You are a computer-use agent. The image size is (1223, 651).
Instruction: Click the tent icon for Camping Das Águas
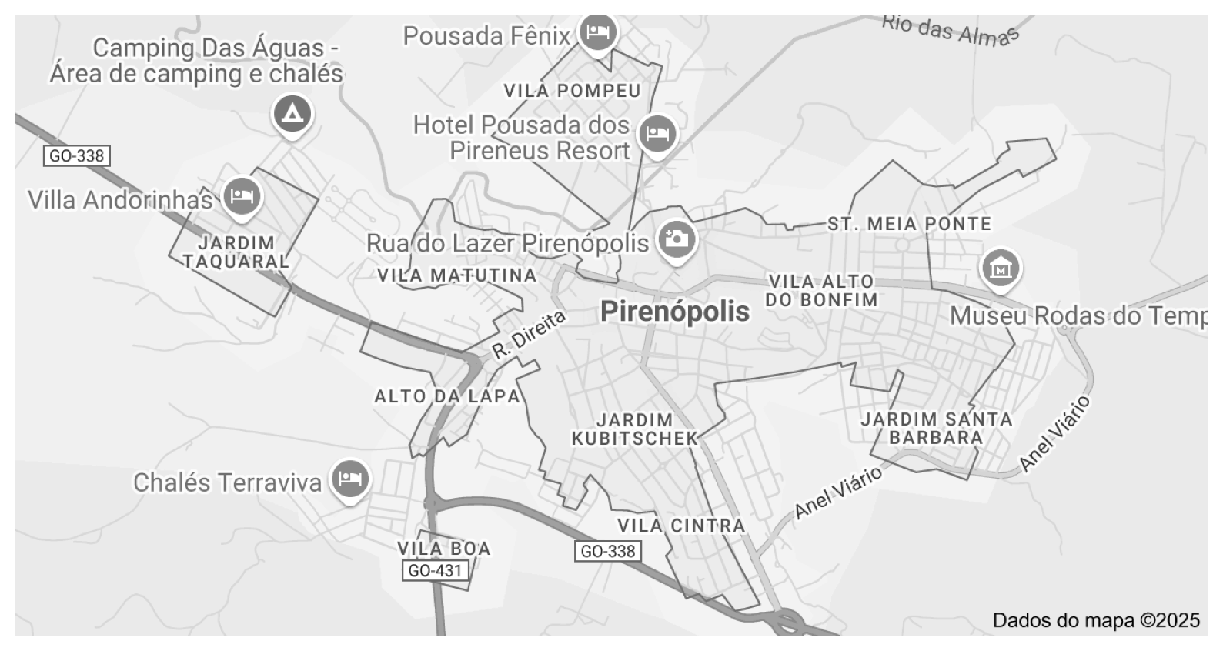click(292, 115)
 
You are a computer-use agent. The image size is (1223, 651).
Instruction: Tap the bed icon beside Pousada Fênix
click(598, 32)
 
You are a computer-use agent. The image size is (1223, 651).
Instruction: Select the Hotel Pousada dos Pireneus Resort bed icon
click(657, 134)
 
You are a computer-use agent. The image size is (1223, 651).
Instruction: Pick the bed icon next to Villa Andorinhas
click(242, 196)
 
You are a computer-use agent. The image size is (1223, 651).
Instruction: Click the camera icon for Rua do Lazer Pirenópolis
click(676, 239)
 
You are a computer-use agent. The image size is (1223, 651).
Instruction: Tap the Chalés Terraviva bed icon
click(349, 479)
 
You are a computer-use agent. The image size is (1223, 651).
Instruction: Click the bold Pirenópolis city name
click(674, 312)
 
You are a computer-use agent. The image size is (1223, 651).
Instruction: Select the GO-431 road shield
click(435, 570)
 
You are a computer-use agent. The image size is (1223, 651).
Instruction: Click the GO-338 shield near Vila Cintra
click(607, 551)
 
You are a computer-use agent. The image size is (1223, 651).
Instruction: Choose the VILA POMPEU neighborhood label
click(572, 91)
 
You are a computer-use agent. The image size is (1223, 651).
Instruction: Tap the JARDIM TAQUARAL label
click(236, 252)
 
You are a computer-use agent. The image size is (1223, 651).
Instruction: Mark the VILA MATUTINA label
click(456, 275)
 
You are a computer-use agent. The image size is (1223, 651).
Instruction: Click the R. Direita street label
click(529, 335)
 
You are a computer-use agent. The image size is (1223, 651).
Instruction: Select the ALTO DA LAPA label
click(447, 396)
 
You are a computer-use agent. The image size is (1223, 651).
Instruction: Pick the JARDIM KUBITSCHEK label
click(635, 429)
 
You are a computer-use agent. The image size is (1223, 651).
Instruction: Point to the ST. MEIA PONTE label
click(909, 224)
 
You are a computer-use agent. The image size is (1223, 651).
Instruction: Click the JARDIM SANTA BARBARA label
click(936, 428)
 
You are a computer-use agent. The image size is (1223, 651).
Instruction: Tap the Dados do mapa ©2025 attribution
click(1095, 620)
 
